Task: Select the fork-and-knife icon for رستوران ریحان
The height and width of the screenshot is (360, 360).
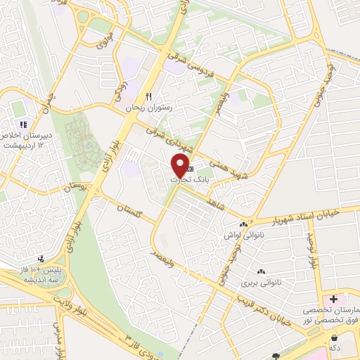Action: coord(148,97)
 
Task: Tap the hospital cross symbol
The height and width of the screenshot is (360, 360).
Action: coord(334,300)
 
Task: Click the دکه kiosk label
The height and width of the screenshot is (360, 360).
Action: coord(344,347)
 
